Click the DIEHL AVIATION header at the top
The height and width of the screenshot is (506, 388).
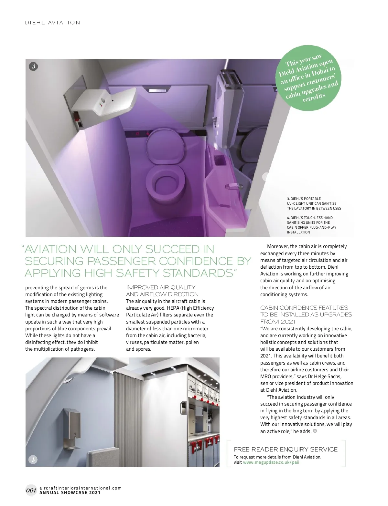(53, 23)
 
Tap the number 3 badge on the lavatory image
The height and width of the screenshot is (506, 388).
(33, 67)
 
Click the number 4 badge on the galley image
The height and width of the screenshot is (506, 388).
(33, 459)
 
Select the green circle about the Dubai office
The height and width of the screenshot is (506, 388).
(308, 79)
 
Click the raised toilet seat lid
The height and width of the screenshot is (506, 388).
(165, 144)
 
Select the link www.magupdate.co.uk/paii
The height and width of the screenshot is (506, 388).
(271, 462)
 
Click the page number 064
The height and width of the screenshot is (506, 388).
(31, 490)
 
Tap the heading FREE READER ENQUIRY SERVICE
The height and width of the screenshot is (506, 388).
(286, 449)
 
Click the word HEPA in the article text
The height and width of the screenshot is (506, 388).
(173, 308)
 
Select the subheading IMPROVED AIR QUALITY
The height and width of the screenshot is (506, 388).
(161, 287)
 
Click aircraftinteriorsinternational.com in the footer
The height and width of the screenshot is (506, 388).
(81, 488)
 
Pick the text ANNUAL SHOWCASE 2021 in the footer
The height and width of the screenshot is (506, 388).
(70, 493)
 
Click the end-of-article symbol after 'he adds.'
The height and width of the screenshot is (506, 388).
(315, 431)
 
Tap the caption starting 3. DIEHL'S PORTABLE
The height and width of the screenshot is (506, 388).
(314, 203)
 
